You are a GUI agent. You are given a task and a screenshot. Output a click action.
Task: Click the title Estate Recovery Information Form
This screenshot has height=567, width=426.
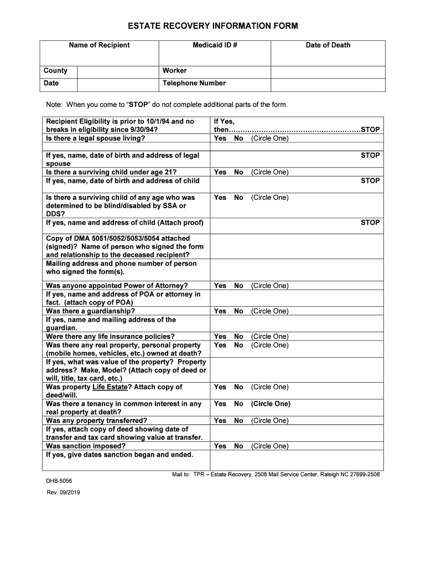pos(212,26)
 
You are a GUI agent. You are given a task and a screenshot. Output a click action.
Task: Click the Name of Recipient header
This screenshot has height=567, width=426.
pos(99,45)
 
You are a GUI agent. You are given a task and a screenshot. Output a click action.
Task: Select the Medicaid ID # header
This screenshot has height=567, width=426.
pos(215,45)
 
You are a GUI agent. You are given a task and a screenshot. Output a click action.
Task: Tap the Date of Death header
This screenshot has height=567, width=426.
pos(328,45)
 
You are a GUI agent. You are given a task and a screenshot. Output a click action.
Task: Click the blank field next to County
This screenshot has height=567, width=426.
pos(117,71)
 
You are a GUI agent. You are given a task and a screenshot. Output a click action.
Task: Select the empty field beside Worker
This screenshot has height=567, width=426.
pos(328,71)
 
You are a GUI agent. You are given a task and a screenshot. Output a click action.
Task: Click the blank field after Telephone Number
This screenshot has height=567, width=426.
pos(328,84)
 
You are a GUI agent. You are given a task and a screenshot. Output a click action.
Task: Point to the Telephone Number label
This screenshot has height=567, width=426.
pos(194,84)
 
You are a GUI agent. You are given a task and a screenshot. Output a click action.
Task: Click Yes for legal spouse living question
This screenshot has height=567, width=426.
pos(220,138)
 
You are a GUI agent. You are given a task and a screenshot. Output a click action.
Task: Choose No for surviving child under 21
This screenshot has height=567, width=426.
pos(238,172)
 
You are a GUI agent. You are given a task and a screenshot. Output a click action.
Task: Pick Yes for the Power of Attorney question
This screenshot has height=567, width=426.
pos(220,286)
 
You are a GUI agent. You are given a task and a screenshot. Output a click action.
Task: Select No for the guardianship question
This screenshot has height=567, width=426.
pos(238,311)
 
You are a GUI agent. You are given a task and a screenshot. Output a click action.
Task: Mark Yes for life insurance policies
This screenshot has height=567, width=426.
pos(220,337)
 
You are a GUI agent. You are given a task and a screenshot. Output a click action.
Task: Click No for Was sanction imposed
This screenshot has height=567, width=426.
pos(238,446)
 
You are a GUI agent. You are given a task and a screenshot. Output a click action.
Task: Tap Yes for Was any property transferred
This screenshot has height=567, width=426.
pos(220,421)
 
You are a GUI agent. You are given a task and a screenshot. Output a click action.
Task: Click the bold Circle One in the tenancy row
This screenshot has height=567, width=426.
pos(271,404)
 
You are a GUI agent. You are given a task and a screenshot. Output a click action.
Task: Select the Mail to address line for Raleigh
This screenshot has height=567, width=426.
pos(276,475)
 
